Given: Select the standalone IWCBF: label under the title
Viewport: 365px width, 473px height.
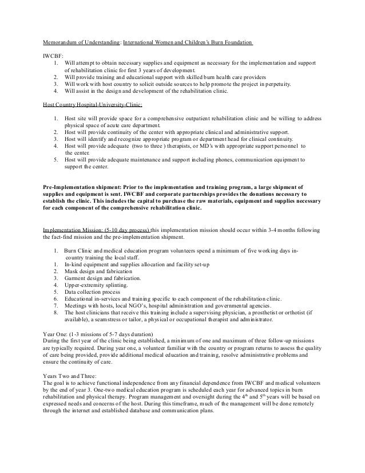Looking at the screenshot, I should click(x=52, y=56).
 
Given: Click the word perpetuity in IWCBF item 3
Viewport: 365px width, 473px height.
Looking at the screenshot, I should click(x=275, y=84).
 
